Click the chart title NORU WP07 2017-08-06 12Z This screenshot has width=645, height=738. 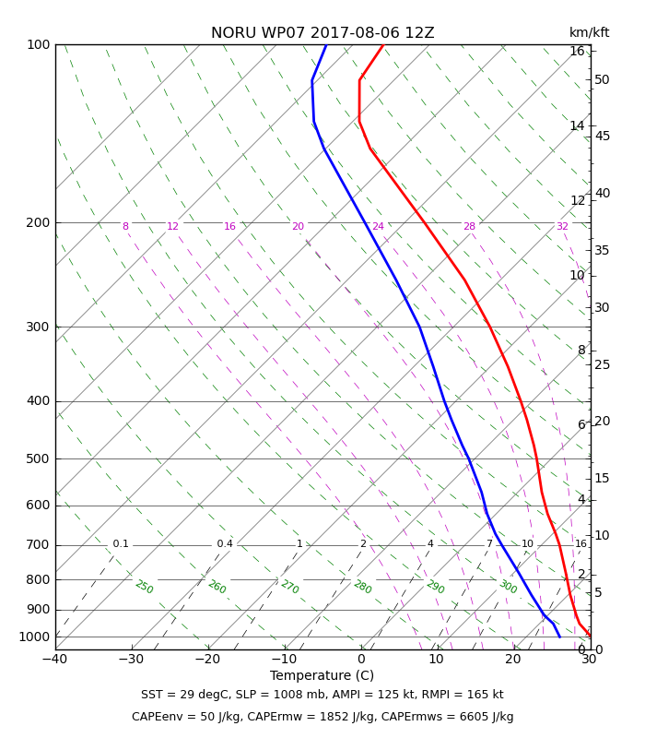point(322,33)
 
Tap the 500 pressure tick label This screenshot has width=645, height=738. point(38,458)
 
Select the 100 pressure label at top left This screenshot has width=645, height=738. point(39,44)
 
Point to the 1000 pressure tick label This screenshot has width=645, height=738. point(34,637)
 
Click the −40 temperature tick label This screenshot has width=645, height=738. point(55,659)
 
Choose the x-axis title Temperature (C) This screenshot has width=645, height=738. point(322,675)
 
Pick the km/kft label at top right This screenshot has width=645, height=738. point(589,32)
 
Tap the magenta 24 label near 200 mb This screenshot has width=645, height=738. point(378,226)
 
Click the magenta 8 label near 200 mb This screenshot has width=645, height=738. point(125,226)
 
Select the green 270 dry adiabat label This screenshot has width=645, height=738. point(289,587)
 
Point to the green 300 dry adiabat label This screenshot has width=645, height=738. point(508,587)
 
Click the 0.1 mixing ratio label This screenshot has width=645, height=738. point(121,543)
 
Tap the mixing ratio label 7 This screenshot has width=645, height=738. point(489,543)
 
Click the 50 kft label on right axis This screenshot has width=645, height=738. point(602,79)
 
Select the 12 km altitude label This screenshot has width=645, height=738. point(578,200)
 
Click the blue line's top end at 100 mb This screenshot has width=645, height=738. point(327,45)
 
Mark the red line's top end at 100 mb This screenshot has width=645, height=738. point(383,45)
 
